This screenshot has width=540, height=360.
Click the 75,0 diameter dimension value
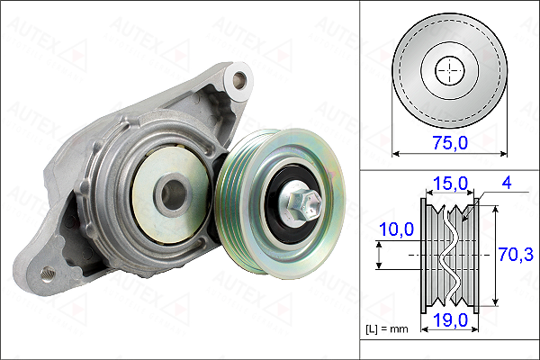click(x=450, y=142)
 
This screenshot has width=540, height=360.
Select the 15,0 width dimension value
click(x=450, y=184)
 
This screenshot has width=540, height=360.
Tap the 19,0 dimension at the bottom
click(x=450, y=320)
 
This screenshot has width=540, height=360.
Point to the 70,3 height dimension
click(x=516, y=255)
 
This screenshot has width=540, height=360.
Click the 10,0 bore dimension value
click(x=396, y=229)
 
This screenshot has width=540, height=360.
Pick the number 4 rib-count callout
click(x=507, y=183)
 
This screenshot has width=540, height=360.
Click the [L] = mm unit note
click(x=387, y=329)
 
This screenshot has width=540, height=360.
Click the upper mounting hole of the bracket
click(x=238, y=80)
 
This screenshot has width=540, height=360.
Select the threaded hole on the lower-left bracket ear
click(x=48, y=274)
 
